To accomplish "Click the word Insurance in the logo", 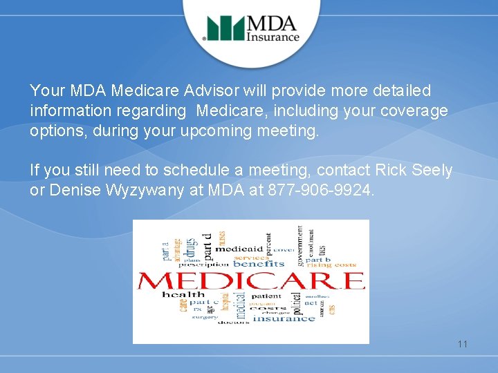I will [x=274, y=37].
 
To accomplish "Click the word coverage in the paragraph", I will [x=414, y=111].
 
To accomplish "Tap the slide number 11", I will [x=462, y=343].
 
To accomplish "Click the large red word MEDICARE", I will [x=250, y=280].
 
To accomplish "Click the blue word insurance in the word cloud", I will [x=284, y=318].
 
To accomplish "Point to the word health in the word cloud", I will [x=183, y=295].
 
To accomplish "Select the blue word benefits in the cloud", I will [x=259, y=264].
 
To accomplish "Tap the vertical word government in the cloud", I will [x=299, y=245].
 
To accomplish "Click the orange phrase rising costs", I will [x=330, y=265].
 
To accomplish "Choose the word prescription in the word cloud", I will [x=203, y=264].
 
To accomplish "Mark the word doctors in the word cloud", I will [x=234, y=323].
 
